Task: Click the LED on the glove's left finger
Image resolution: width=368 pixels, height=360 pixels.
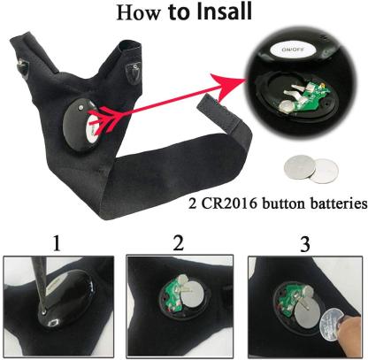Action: (18, 64)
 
